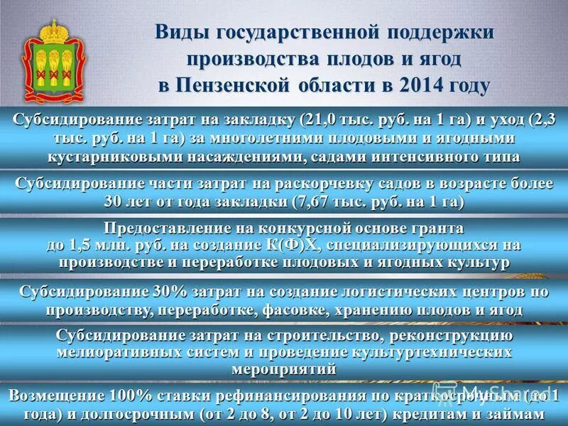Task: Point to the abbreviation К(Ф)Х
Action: coord(294,246)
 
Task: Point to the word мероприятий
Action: coord(283,369)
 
